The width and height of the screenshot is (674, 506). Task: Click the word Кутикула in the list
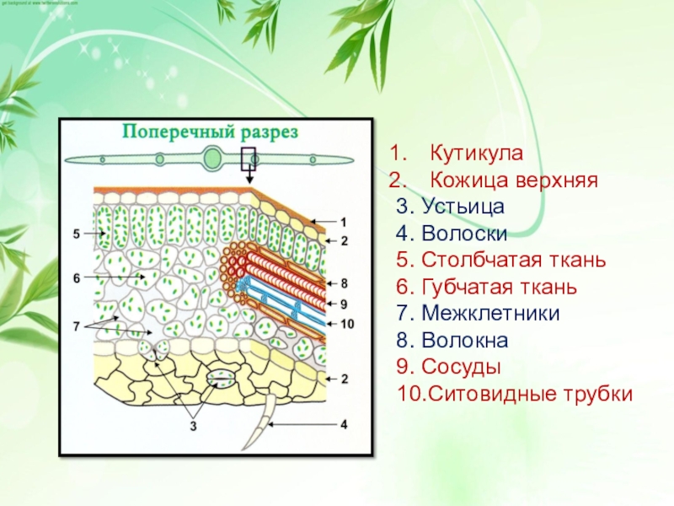pyautogui.click(x=477, y=154)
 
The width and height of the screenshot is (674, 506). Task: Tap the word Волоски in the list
pyautogui.click(x=463, y=233)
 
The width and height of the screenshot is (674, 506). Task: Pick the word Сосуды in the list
pyautogui.click(x=461, y=368)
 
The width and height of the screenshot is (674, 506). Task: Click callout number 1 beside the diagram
pyautogui.click(x=344, y=222)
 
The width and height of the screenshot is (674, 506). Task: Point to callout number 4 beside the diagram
pyautogui.click(x=344, y=425)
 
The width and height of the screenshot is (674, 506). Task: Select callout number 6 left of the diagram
pyautogui.click(x=76, y=277)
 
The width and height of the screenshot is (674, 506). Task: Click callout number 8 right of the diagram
pyautogui.click(x=344, y=283)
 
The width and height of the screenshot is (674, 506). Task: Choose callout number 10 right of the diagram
pyautogui.click(x=345, y=323)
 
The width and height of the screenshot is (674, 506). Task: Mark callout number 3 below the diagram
pyautogui.click(x=193, y=427)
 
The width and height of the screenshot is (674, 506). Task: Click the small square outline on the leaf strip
pyautogui.click(x=249, y=158)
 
